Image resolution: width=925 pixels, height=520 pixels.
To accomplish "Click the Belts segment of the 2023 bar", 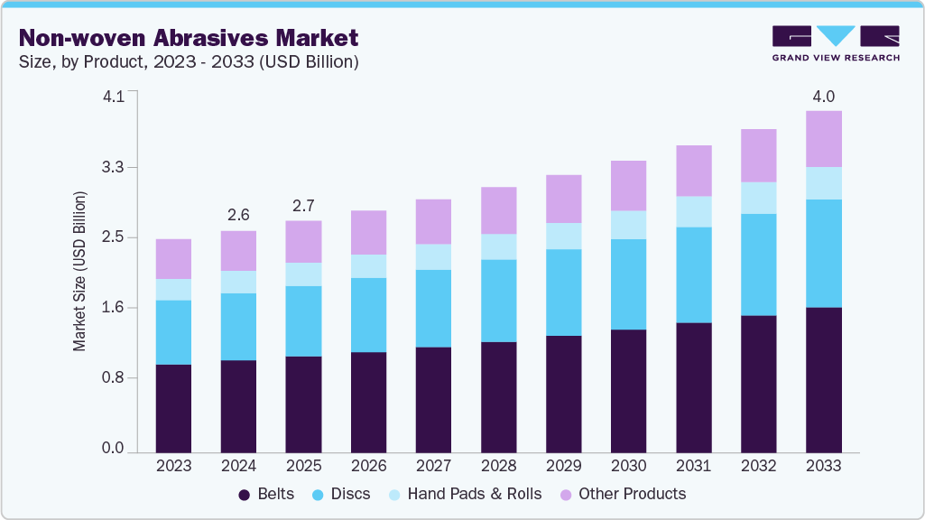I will click(x=173, y=408).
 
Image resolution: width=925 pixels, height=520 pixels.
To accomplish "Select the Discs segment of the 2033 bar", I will click(x=823, y=254).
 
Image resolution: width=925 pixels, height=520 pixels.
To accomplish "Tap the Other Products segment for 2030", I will click(x=628, y=186).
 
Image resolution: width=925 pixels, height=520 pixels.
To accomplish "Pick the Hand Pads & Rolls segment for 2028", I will click(x=498, y=246).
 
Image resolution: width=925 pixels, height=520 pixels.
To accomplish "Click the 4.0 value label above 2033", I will click(x=823, y=97).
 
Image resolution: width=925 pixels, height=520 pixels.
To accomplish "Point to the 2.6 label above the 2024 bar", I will click(x=238, y=216).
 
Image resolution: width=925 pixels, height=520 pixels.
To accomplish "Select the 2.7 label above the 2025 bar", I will click(x=303, y=206).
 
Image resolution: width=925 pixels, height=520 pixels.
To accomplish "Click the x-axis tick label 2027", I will click(x=433, y=466).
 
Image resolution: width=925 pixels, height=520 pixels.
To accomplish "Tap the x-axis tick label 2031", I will click(x=693, y=466).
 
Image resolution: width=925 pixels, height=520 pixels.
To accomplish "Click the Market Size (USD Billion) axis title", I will click(x=80, y=271).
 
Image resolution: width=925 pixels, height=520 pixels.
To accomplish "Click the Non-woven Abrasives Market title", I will click(x=189, y=38).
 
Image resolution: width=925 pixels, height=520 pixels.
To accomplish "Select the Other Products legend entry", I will click(x=623, y=494).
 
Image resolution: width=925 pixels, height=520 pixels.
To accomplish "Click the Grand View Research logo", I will click(x=836, y=43).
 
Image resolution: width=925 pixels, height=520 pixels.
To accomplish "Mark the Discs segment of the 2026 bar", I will click(x=368, y=315).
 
